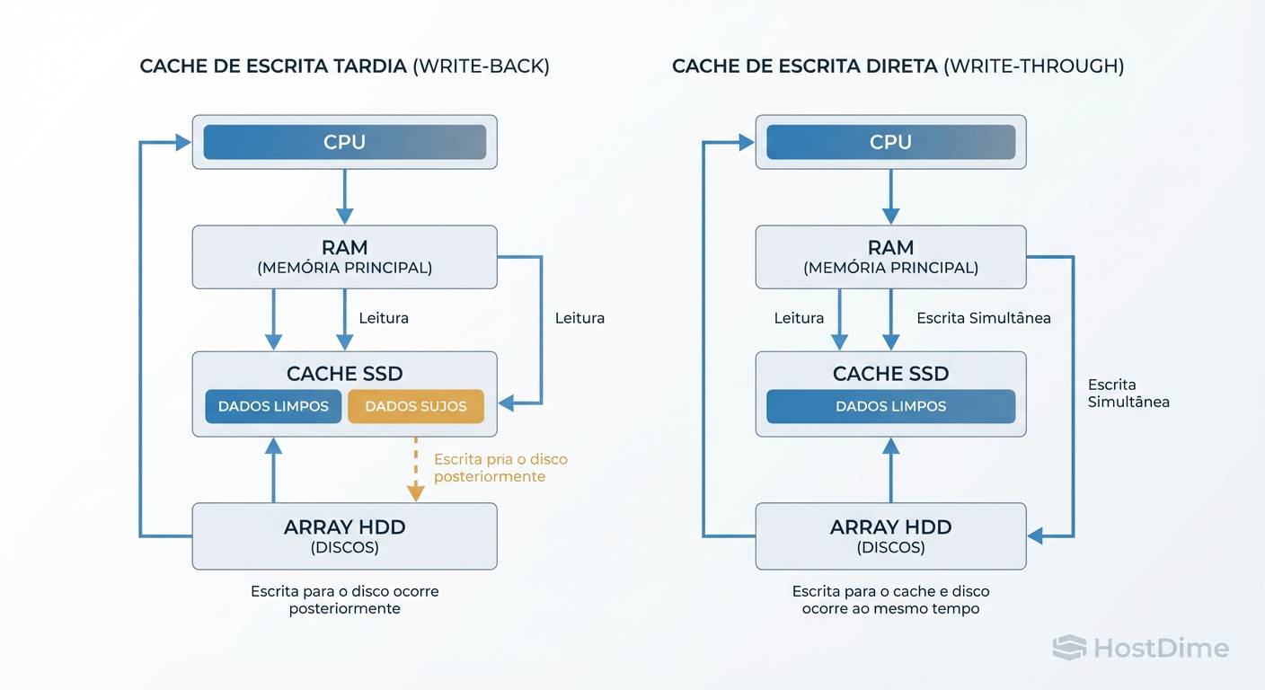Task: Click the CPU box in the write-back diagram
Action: coord(344,142)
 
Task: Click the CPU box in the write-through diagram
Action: coord(890,142)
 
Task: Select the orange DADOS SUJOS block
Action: coord(415,406)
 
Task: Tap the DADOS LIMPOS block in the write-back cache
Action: coord(273,406)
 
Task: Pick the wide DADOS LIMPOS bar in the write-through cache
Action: coord(890,406)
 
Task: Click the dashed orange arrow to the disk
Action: coord(415,469)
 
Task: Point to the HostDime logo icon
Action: coord(1069,648)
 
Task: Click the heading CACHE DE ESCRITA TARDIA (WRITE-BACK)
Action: coord(344,66)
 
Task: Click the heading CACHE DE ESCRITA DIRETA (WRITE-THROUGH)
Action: coord(898,66)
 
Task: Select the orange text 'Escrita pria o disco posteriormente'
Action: coord(500,468)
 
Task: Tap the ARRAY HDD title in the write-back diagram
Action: coord(344,527)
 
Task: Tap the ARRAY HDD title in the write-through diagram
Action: coord(890,527)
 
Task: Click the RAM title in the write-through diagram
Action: coord(890,247)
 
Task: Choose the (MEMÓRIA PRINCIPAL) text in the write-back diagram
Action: coord(344,268)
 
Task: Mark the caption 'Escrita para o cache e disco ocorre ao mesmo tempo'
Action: coord(890,600)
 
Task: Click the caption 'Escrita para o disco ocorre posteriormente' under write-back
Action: coord(344,600)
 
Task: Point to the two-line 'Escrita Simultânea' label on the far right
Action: coord(1128,394)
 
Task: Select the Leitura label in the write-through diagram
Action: coord(799,318)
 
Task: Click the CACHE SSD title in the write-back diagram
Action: coord(344,374)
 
